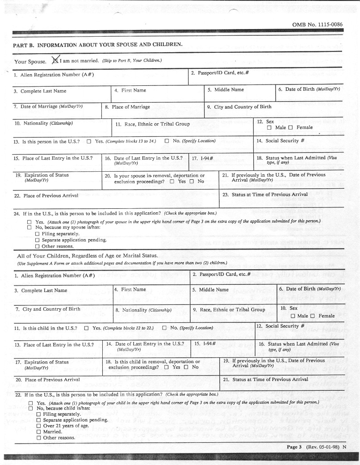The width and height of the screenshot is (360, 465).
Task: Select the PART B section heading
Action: pyautogui.click(x=97, y=45)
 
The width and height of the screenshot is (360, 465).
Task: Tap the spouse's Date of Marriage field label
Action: pyautogui.click(x=48, y=106)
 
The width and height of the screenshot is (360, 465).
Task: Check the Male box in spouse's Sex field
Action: pyautogui.click(x=269, y=128)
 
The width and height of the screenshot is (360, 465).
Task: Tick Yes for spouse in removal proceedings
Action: pyautogui.click(x=172, y=182)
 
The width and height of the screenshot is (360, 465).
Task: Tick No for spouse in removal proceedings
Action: pyautogui.click(x=191, y=182)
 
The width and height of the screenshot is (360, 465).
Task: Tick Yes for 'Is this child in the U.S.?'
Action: pyautogui.click(x=86, y=328)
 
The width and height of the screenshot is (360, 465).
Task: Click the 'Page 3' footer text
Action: pyautogui.click(x=295, y=447)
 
